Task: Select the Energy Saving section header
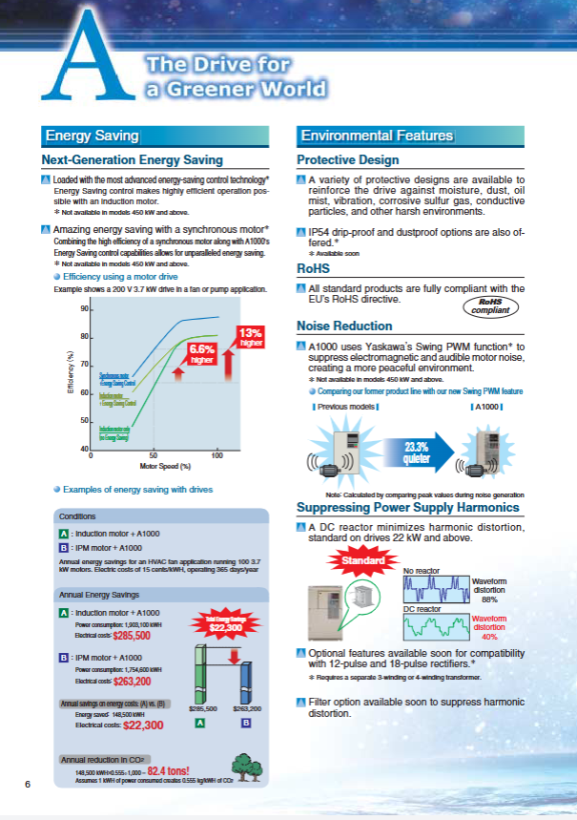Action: coord(93,136)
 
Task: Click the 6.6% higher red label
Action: coord(201,354)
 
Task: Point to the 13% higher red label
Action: coord(250,336)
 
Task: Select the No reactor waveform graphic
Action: coord(434,586)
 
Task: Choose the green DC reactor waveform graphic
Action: coord(434,624)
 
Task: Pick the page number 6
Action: coord(29,784)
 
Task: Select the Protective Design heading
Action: coord(347,159)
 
